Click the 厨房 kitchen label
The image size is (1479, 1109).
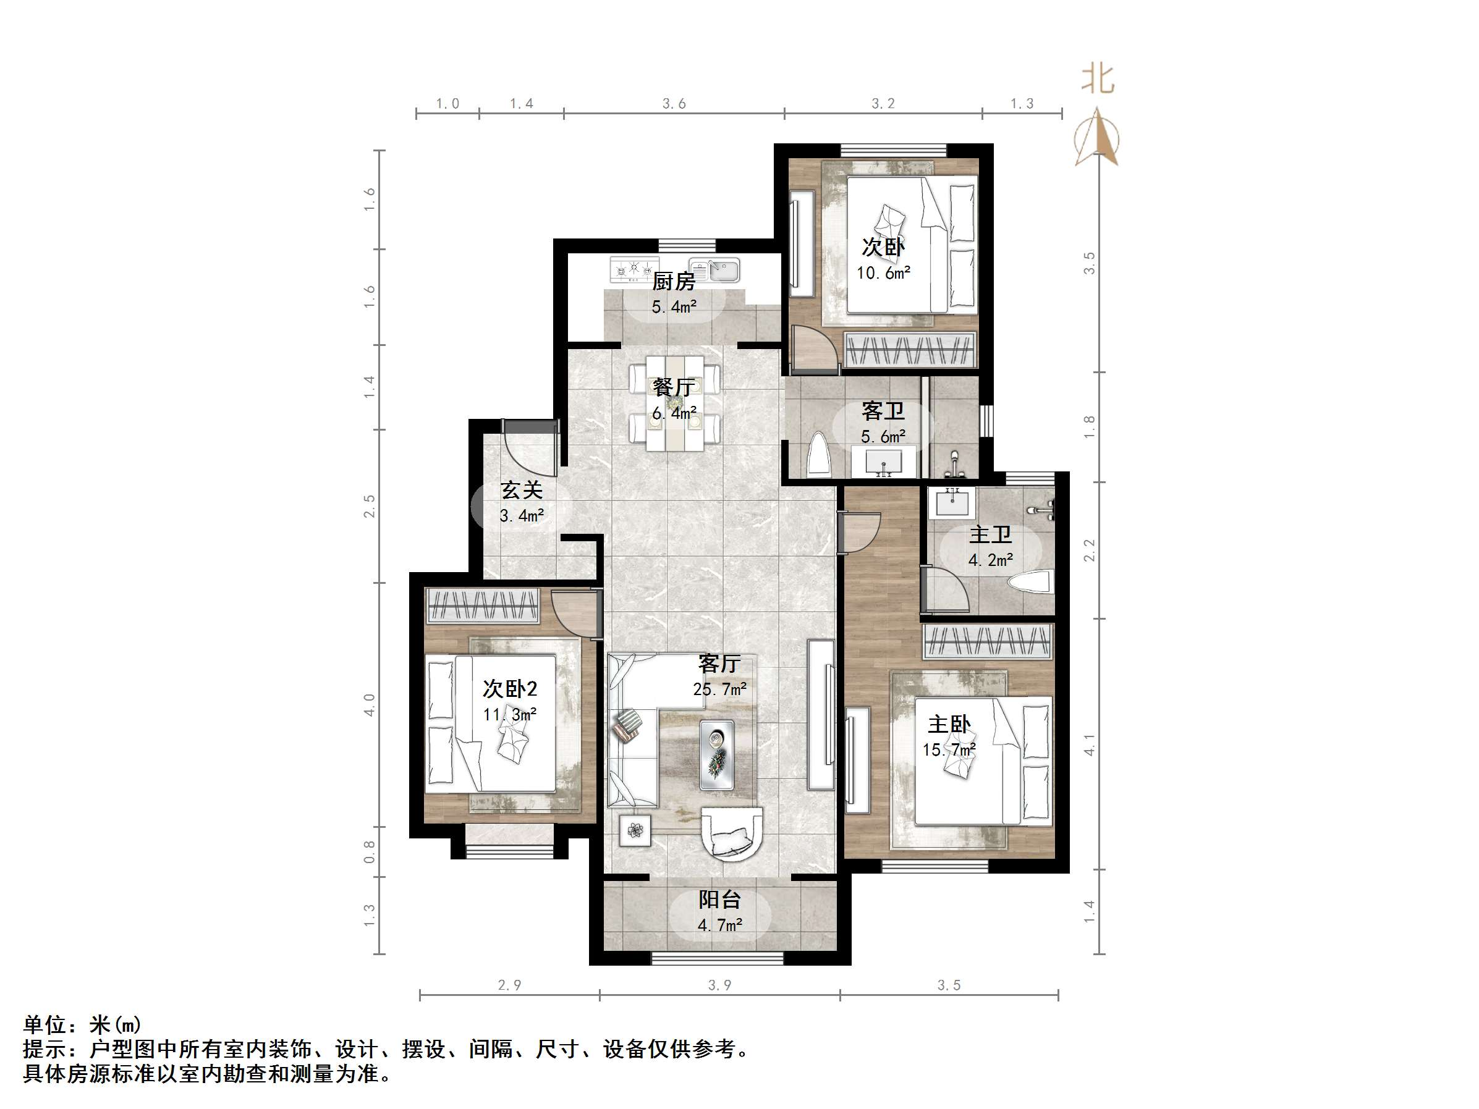coord(673,282)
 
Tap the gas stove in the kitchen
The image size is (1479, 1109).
coord(634,269)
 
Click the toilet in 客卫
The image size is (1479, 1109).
coord(818,455)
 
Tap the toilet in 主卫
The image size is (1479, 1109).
coord(1033,581)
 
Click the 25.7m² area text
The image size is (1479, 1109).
coord(719,688)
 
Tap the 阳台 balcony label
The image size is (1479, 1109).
coord(719,899)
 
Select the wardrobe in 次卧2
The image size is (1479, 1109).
coord(482,605)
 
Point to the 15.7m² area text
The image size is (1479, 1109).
coord(949,750)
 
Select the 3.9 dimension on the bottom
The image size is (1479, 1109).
coord(719,985)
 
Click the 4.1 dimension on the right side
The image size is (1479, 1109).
coord(1089,744)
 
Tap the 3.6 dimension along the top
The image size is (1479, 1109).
coord(674,104)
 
